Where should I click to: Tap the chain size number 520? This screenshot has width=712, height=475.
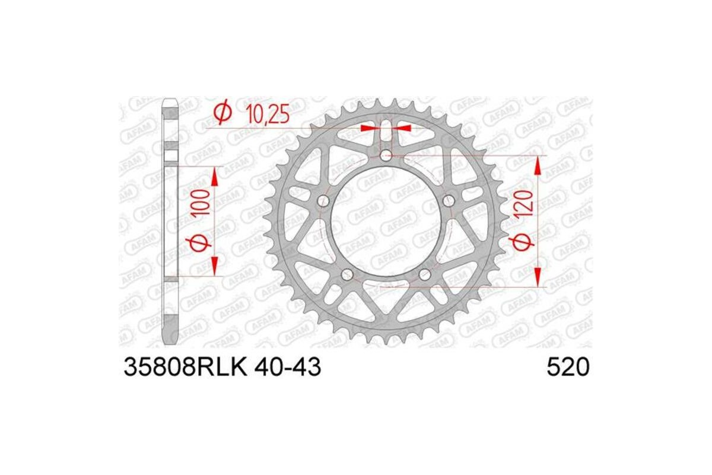click(568, 368)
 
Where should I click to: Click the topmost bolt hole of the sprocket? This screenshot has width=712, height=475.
click(386, 156)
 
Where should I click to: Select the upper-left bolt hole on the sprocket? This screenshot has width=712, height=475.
click(323, 200)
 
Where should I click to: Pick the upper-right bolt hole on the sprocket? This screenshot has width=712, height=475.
click(448, 199)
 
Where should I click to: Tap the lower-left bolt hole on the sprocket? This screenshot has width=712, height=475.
click(347, 274)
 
